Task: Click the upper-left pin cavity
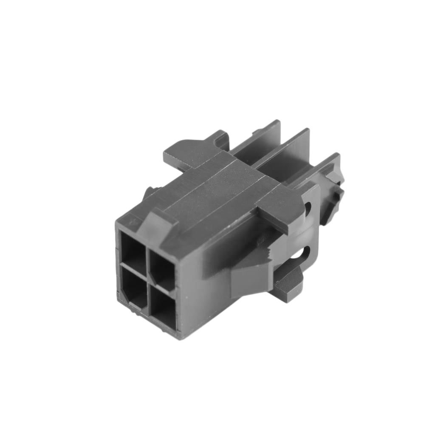pyautogui.click(x=133, y=248)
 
